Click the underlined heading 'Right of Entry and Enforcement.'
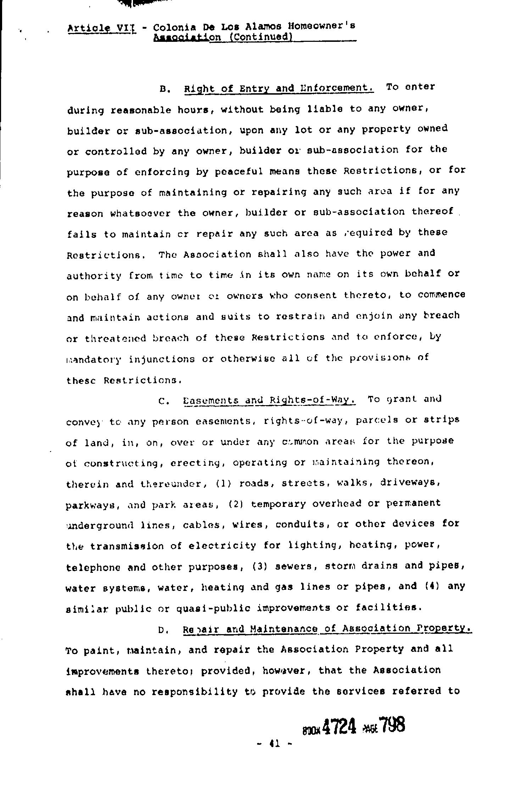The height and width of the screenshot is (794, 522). [279, 88]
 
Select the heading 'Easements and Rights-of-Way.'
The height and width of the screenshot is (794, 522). [270, 400]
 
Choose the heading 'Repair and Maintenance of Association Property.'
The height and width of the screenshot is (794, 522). [327, 629]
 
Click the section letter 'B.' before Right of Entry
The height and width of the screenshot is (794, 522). [165, 89]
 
